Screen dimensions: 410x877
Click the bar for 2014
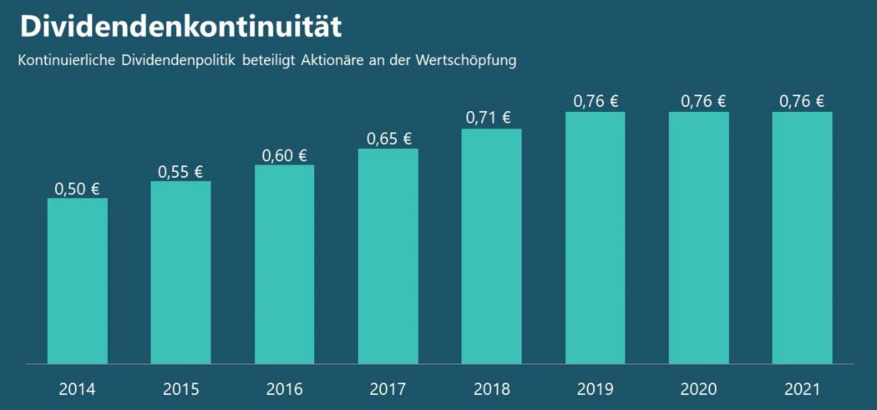coord(77,281)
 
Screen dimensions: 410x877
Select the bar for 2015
coord(180,272)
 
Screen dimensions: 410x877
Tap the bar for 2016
coord(284,264)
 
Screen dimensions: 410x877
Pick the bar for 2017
coord(388,256)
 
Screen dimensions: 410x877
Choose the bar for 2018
coord(491,246)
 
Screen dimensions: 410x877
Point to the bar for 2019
coord(595,238)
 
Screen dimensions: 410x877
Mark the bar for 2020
coord(698,238)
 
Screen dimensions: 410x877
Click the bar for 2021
coord(802,238)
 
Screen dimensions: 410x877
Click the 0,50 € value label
coord(77,189)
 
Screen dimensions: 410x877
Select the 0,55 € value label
coord(180,172)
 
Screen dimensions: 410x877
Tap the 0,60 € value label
coord(284,155)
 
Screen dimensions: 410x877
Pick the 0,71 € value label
coord(489,118)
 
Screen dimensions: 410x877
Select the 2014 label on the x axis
coord(77,389)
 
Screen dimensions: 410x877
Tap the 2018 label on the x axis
coord(491,389)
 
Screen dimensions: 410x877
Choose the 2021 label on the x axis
coord(802,389)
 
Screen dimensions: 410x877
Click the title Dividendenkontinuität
coord(180,26)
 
